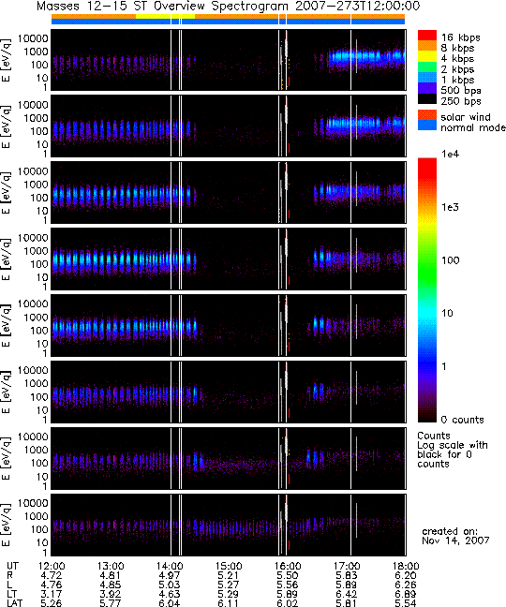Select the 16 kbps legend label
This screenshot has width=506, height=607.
461,37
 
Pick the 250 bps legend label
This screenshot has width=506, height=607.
461,101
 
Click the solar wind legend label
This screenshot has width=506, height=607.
466,117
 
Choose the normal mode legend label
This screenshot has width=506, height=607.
472,127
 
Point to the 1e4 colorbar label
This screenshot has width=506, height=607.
451,154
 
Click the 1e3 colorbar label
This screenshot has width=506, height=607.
451,207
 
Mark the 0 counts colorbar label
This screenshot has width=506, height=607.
462,420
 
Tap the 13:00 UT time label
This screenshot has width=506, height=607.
111,567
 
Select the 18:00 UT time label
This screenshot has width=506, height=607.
406,567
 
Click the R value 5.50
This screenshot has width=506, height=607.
288,576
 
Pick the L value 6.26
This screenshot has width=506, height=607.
406,585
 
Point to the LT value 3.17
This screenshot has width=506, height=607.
52,594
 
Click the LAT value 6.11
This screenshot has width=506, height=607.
229,603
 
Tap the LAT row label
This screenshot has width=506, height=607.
14,603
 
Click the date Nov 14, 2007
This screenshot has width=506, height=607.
455,540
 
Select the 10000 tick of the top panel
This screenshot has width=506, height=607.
33,38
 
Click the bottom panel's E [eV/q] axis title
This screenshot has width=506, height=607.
7,525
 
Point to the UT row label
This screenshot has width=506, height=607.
12,567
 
